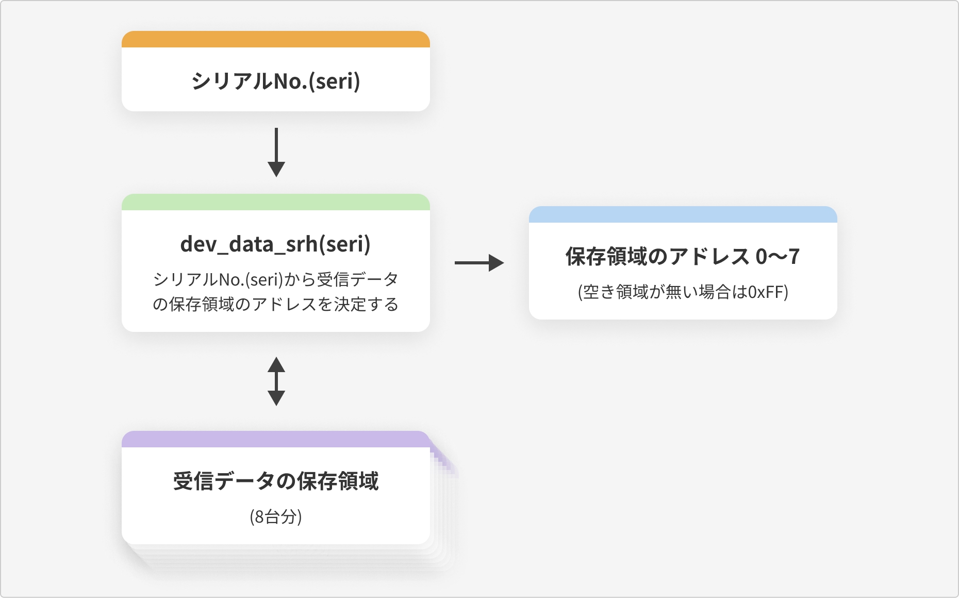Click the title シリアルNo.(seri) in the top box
coord(276,81)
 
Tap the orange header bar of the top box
coord(276,39)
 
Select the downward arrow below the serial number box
coord(276,152)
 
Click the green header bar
coord(276,202)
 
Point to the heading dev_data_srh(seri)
coord(276,244)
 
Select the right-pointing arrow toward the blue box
coord(479,263)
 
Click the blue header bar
coord(683,214)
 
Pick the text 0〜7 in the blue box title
coord(778,256)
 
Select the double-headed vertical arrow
coord(276,381)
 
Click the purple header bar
coord(276,439)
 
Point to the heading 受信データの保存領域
coord(276,481)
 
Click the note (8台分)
coord(276,516)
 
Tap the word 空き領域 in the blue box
coord(616,292)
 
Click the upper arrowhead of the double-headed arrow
coord(276,364)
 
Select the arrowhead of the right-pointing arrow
coord(496,263)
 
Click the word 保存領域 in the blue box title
coord(606,256)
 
